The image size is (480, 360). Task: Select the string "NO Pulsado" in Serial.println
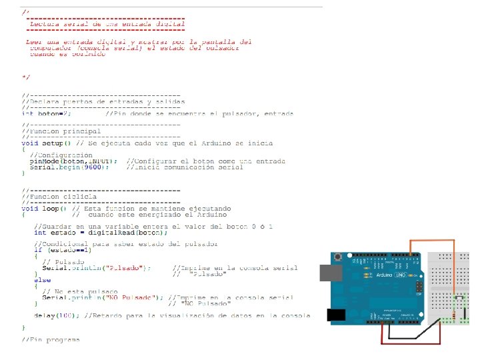click(135, 297)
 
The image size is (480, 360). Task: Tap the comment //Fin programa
click(51, 339)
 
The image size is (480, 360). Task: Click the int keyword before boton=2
click(27, 114)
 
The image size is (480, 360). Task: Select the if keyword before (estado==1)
click(37, 250)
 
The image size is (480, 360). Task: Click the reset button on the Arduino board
click(339, 257)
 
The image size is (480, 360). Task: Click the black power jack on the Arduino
click(335, 315)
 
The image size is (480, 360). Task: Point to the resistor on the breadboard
click(455, 313)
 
